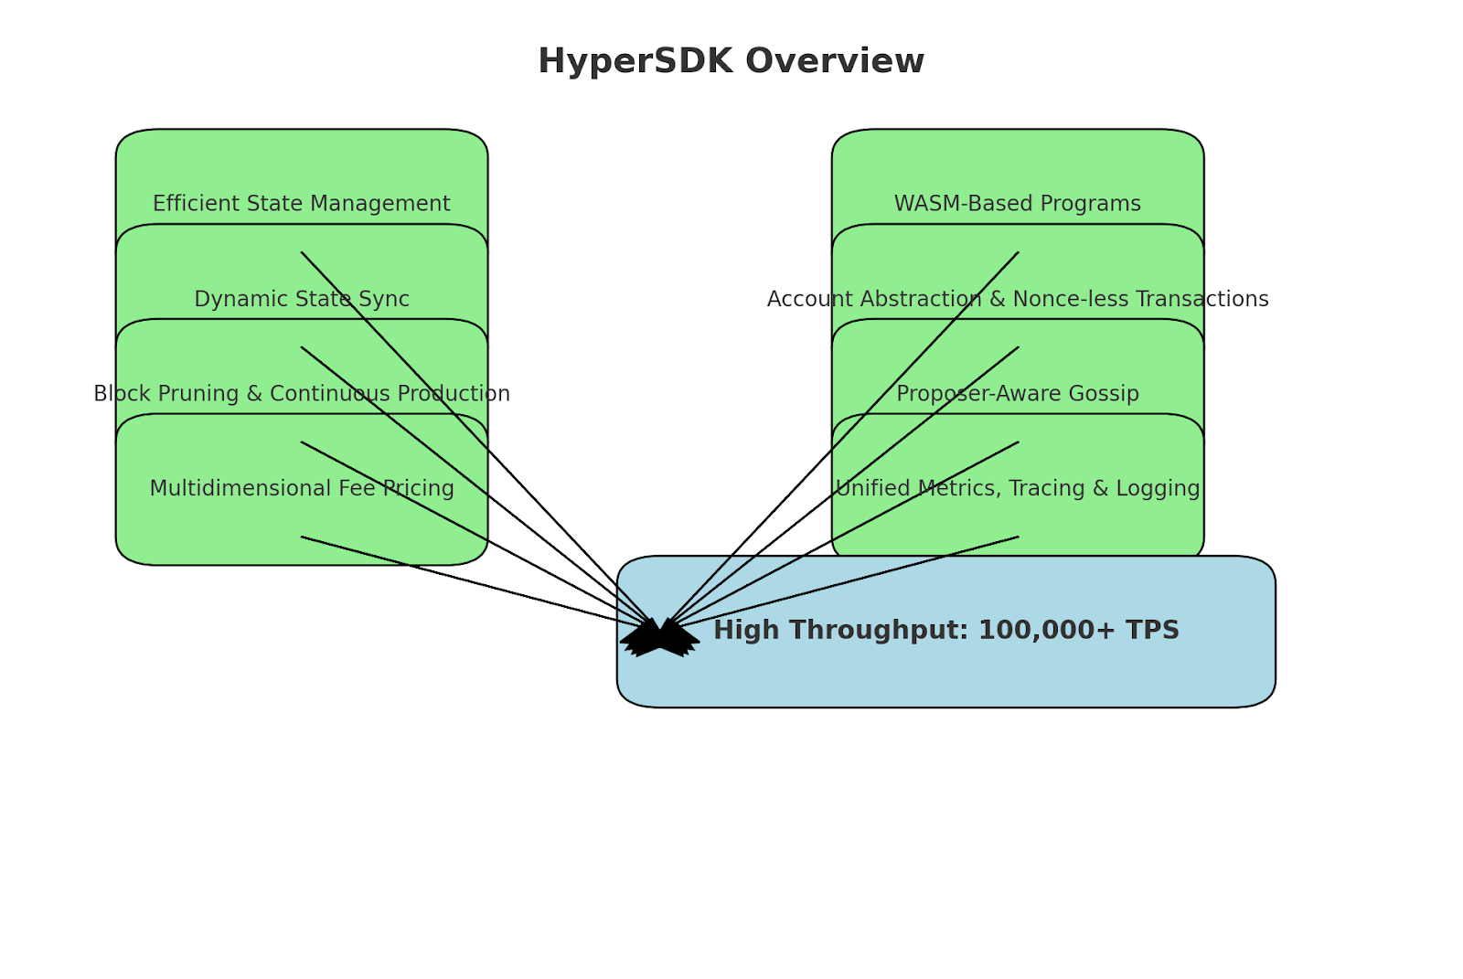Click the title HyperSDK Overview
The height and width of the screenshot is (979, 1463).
point(731,61)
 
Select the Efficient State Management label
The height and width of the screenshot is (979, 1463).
point(301,204)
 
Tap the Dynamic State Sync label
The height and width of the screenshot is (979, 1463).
point(301,299)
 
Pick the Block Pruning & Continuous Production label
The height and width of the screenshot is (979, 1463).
point(301,394)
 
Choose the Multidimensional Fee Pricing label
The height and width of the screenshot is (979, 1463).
point(301,489)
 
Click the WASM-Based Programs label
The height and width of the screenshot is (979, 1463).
point(1017,204)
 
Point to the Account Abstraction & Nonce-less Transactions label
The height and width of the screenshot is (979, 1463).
point(1017,299)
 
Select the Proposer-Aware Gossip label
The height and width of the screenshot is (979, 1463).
point(1017,394)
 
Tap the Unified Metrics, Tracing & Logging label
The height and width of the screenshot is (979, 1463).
point(1017,489)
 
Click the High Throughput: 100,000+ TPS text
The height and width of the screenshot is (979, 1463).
point(945,631)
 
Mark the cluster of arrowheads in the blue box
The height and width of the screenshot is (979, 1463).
point(659,637)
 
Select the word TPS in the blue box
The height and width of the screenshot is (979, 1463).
point(1151,631)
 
